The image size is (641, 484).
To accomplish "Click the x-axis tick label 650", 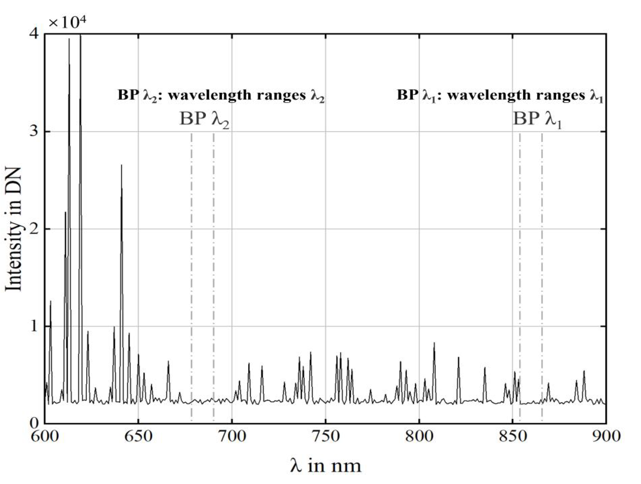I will point(138,436).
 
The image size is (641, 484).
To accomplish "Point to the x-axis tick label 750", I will point(326,436).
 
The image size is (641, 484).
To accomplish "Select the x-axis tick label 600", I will point(45,436).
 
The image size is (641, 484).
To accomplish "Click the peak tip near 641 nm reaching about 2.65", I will point(121,165).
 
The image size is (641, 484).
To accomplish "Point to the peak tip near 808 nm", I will point(434,343).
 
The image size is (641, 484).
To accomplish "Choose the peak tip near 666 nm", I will point(168,361).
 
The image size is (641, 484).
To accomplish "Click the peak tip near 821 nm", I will point(458,358).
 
